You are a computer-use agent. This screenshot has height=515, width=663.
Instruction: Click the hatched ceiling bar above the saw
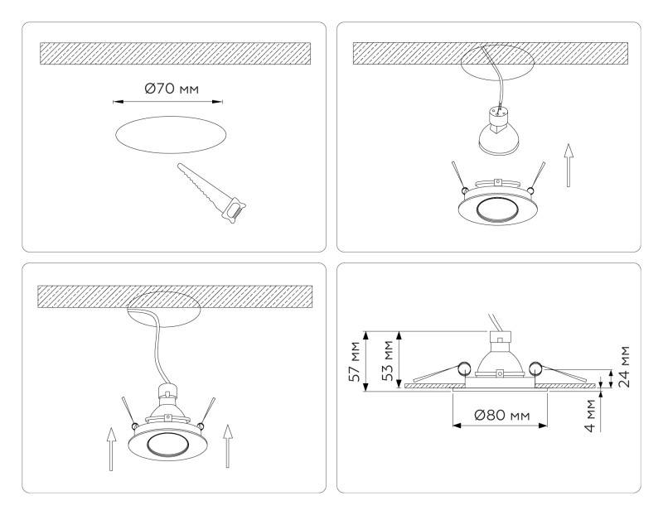pyautogui.click(x=175, y=52)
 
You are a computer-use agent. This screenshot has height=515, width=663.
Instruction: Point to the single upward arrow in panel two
pyautogui.click(x=568, y=164)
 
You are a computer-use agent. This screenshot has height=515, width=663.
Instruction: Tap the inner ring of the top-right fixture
pyautogui.click(x=498, y=214)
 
